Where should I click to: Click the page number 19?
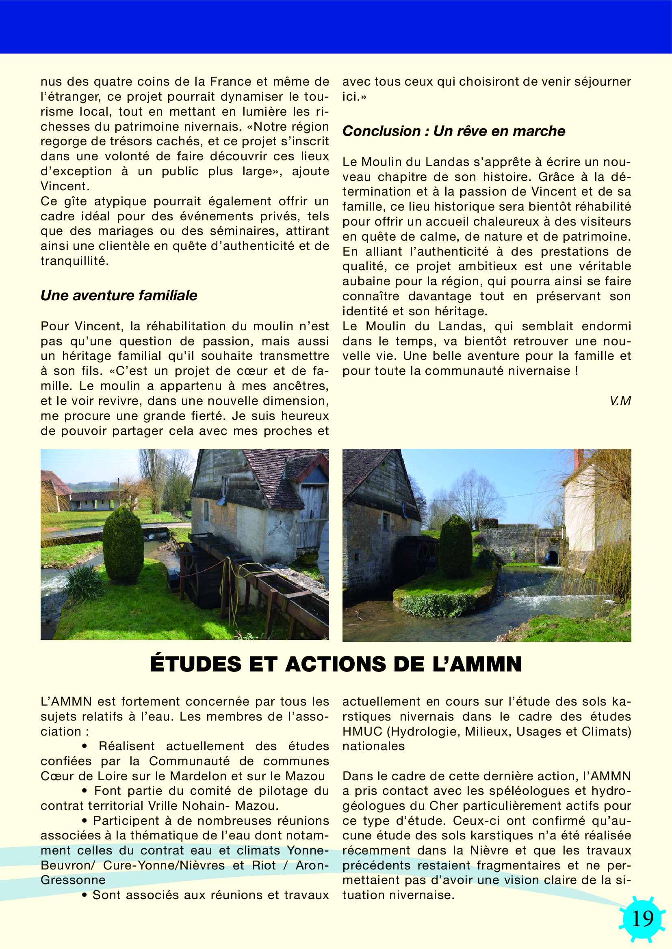[x=643, y=919]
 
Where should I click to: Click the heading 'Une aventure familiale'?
[x=119, y=295]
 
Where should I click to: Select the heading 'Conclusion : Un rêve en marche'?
[x=453, y=131]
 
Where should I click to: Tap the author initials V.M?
[x=620, y=400]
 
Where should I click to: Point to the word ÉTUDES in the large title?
[x=196, y=664]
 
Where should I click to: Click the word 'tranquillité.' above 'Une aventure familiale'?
[x=74, y=261]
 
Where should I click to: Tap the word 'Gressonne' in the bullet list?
[x=73, y=880]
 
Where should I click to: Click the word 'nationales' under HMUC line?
[x=373, y=746]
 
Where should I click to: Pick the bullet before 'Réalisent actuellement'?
[x=85, y=746]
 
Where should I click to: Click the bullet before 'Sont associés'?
[x=85, y=895]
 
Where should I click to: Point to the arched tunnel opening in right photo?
[x=552, y=557]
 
